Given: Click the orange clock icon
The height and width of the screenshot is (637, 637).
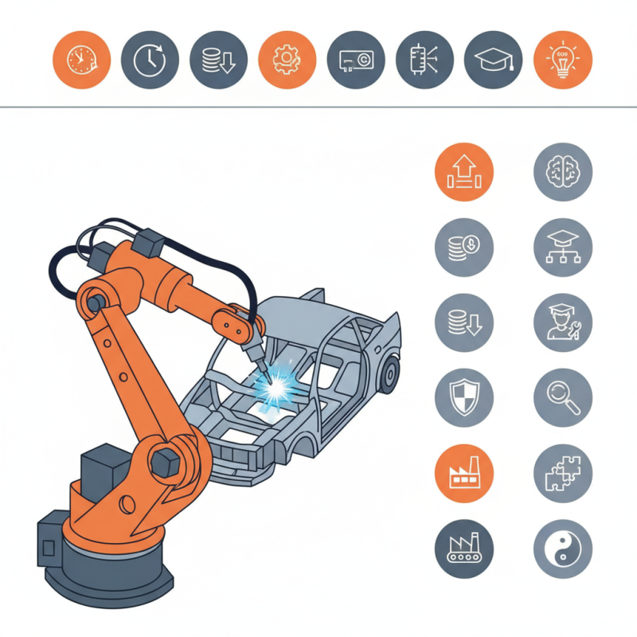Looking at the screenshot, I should point(80,60).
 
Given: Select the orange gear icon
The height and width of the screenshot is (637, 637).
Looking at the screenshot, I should point(287,60).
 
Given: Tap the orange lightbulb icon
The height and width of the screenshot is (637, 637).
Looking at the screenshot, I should point(562,60).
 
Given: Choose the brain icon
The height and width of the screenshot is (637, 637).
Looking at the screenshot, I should point(562,171).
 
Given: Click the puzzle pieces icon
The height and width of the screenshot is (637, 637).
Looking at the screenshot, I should point(562,473).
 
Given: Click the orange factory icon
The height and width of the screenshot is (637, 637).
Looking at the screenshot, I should point(464,473).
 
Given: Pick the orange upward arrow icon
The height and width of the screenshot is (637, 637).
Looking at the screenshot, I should point(464,171).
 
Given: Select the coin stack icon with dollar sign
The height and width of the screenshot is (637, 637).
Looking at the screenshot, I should point(464,247).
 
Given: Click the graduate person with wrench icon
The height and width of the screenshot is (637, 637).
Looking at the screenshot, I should point(562,322).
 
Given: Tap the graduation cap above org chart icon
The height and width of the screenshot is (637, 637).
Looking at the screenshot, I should point(562,247).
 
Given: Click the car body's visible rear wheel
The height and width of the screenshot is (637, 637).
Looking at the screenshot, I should point(389,373).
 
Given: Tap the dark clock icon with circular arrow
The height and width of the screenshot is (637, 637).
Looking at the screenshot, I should point(150,60).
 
